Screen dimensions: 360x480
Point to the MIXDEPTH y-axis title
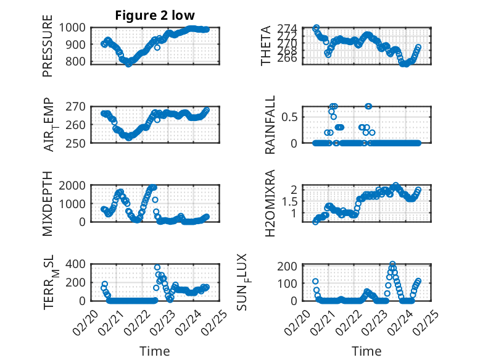[48, 204]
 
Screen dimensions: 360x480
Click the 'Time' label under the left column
[155, 351]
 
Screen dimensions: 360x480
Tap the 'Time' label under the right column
[367, 351]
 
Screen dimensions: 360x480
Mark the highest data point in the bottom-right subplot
[392, 264]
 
